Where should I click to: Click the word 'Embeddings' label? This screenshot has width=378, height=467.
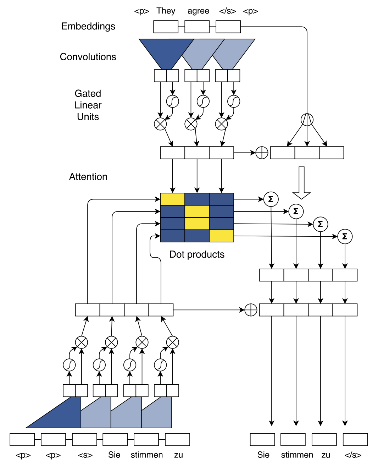pos(88,26)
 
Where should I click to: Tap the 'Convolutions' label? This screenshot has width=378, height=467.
pos(88,57)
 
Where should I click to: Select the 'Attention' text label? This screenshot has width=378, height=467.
pos(88,177)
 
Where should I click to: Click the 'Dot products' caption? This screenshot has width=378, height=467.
pos(197,254)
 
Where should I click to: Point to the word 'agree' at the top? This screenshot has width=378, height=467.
pos(198,11)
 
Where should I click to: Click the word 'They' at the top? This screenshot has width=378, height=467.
pos(166,11)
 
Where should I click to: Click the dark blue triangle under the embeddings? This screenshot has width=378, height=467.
pos(166,51)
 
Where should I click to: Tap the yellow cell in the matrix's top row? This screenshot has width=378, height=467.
pos(172,199)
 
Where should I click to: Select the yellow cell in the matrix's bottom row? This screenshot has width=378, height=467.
pos(221,236)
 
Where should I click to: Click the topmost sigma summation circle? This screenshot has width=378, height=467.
pos(271,199)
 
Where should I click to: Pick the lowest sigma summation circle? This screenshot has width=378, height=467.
pos(345,236)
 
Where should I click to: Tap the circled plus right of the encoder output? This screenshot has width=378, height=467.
pos(262,153)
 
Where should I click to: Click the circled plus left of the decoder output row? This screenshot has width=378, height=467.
pos(251,310)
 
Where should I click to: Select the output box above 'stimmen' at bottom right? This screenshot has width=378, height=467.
pos(293,439)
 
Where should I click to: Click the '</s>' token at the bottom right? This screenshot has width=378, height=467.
pos(353,455)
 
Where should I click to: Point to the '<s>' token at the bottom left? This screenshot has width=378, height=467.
pos(85,455)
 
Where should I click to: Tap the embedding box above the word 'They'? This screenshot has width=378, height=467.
pos(166,27)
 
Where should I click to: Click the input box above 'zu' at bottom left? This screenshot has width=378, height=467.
pos(177,439)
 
